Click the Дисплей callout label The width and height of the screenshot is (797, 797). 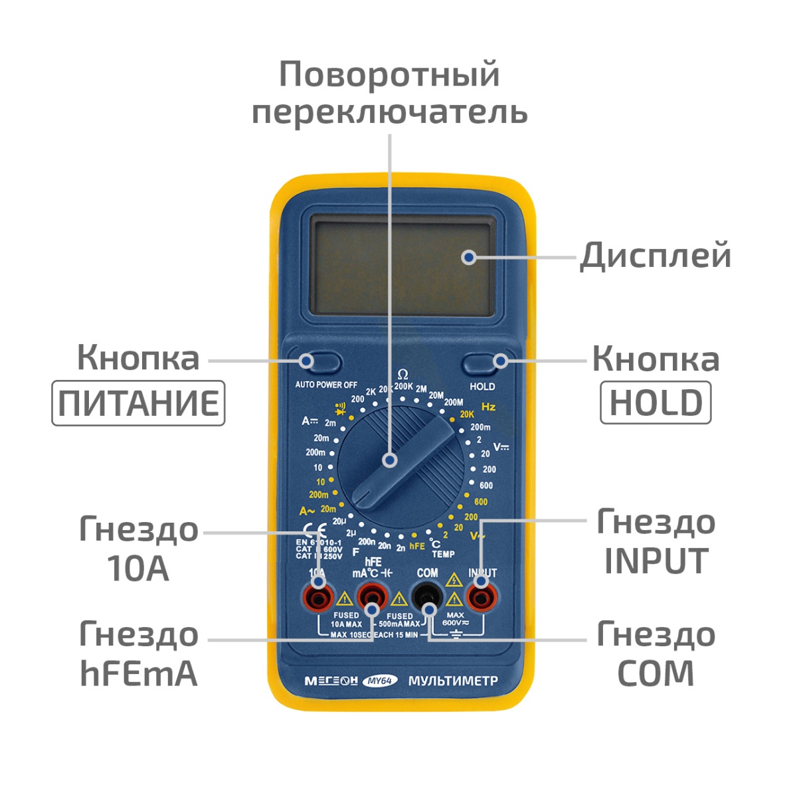[x=656, y=256]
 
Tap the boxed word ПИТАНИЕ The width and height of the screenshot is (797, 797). [x=138, y=403]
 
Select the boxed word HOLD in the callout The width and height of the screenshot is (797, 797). [x=656, y=402]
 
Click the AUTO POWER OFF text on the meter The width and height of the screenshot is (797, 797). [x=326, y=385]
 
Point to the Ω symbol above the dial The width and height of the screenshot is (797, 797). [x=402, y=375]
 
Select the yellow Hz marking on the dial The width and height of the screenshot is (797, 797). [x=488, y=406]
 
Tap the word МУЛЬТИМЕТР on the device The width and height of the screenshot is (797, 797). [x=453, y=681]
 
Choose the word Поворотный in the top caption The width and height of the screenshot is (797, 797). [x=389, y=74]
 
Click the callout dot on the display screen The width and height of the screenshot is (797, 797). [x=469, y=257]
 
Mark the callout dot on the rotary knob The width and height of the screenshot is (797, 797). [x=390, y=459]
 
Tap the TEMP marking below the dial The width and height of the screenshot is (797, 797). [x=444, y=554]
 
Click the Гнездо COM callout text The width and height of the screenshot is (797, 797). [x=656, y=654]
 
